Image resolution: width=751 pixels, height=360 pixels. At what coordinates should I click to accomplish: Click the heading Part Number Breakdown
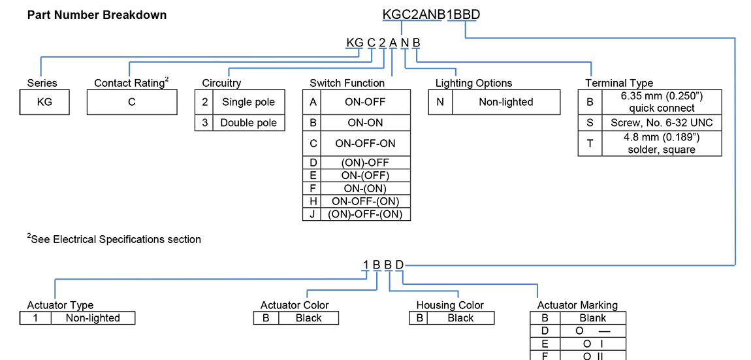97,14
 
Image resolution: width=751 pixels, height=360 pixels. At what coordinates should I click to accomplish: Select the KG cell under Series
44,102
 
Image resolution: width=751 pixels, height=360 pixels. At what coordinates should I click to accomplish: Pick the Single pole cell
249,102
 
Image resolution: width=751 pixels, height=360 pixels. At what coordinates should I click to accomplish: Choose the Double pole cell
248,123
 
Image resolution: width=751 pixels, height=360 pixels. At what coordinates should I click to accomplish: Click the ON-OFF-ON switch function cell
365,143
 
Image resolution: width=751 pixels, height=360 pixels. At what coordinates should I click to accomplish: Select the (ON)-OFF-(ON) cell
365,214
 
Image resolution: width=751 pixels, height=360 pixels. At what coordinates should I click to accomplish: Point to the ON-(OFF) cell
365,175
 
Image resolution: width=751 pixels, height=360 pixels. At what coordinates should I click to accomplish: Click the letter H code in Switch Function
313,201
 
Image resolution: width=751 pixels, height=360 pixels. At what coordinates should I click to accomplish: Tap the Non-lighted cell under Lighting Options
505,102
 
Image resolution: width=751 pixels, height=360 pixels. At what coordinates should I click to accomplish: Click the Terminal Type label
618,83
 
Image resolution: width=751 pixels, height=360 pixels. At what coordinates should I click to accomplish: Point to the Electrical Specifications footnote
114,239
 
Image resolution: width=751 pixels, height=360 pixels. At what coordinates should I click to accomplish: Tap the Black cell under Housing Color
460,318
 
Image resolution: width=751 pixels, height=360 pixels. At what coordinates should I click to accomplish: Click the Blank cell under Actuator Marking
592,318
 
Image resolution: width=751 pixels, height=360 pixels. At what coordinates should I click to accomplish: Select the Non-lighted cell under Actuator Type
93,318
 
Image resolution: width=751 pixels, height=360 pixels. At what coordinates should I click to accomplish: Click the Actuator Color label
295,305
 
